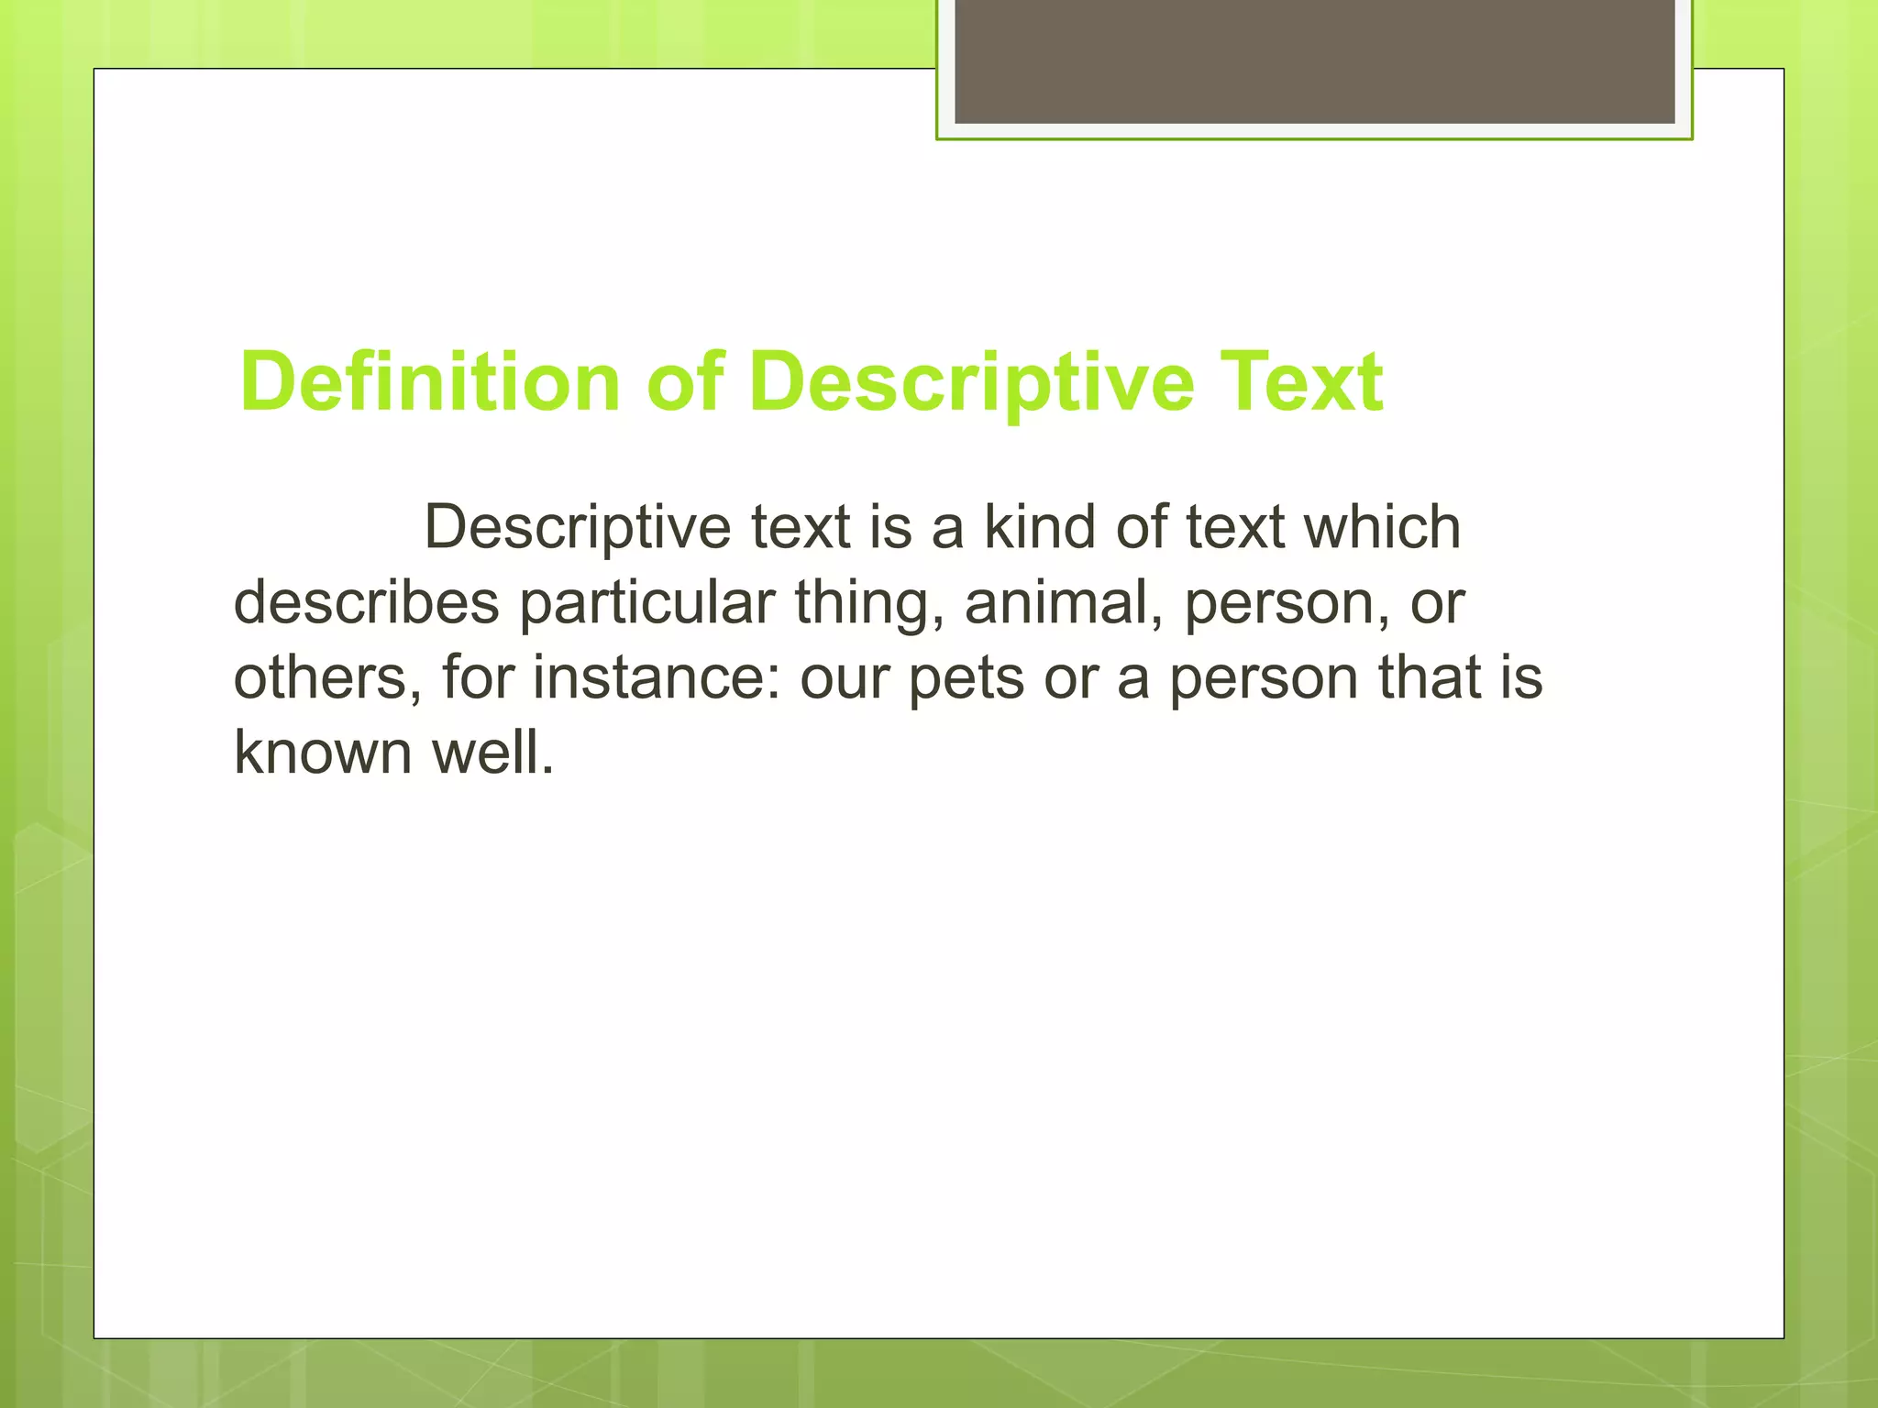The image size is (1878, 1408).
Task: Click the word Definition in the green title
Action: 429,383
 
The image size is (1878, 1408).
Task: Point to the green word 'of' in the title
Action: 684,383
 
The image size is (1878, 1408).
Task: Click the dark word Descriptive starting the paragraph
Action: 577,530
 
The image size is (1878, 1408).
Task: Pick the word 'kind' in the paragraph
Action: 1040,528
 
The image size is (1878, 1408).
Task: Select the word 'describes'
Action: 367,603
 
